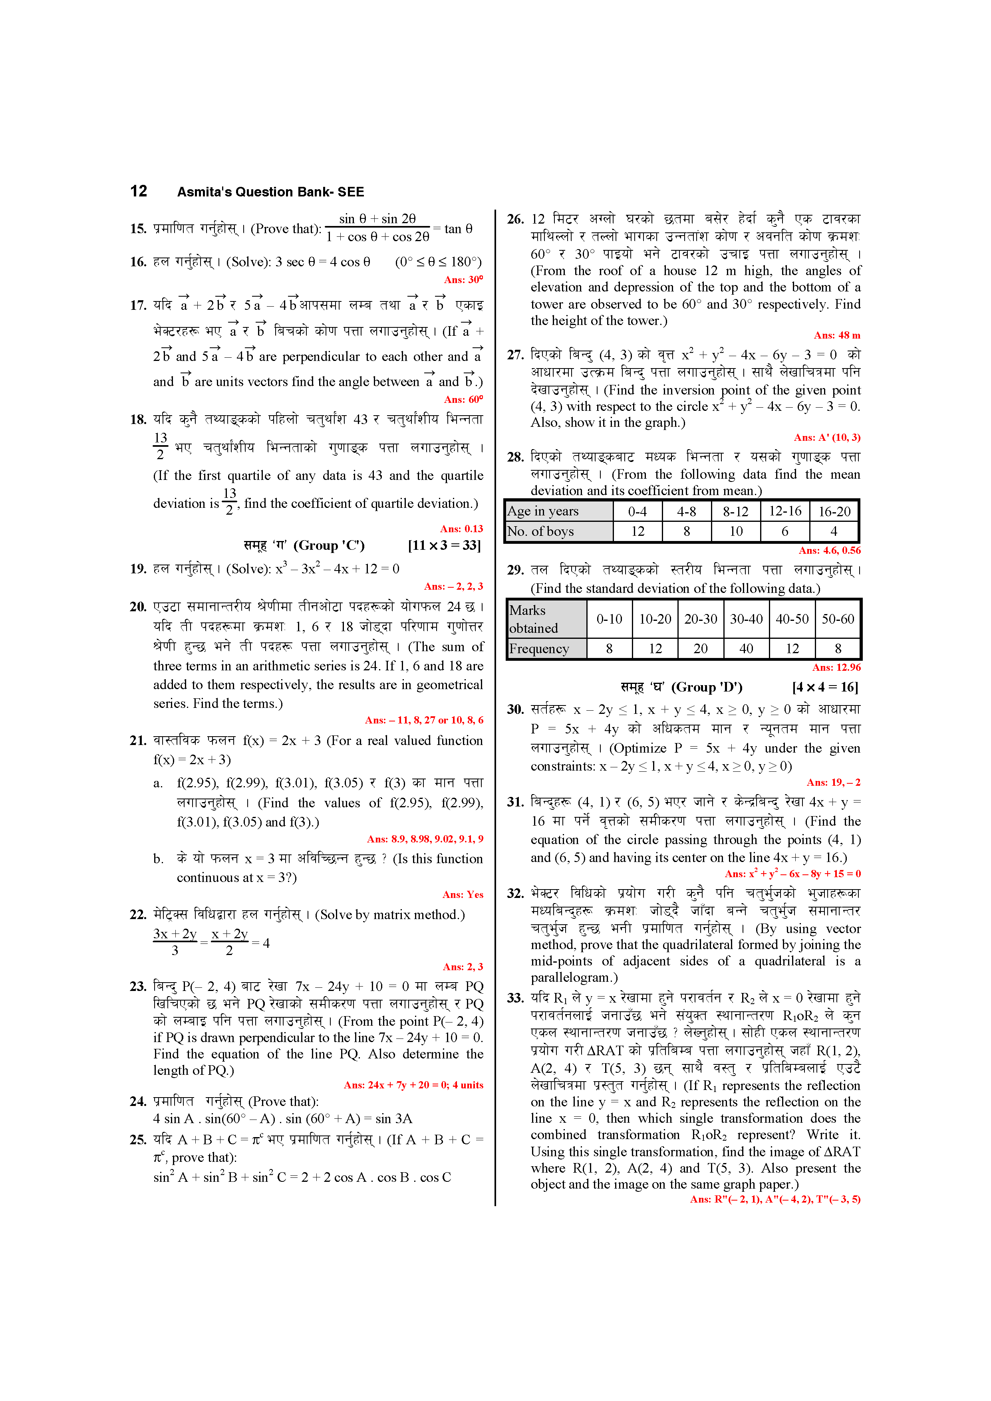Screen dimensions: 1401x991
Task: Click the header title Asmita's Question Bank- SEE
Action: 270,192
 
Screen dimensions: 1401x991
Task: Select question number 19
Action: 138,569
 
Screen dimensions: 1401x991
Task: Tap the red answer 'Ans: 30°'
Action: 463,280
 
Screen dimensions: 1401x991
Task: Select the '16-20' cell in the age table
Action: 834,512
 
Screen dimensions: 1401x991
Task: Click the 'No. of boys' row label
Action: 540,531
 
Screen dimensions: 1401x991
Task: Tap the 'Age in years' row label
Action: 543,511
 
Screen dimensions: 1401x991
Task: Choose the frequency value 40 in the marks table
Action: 746,649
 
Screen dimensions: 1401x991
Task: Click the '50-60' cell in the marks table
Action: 838,619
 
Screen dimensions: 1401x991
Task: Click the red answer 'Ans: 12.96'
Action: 836,668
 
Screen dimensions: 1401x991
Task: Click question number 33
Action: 515,998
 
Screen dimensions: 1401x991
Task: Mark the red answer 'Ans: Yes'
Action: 463,895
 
